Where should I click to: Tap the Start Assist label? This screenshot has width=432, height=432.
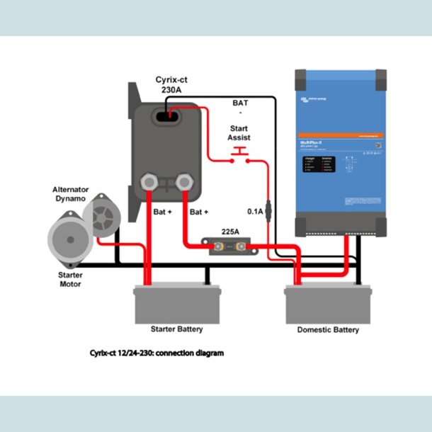click(239, 132)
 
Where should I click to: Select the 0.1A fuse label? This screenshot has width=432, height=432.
click(255, 211)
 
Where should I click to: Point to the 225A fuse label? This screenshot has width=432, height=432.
click(230, 231)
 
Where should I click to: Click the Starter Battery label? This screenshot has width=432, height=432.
click(177, 329)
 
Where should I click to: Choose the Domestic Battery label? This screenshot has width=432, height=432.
click(327, 329)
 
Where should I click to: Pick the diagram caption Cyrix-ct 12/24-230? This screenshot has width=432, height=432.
click(157, 352)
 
